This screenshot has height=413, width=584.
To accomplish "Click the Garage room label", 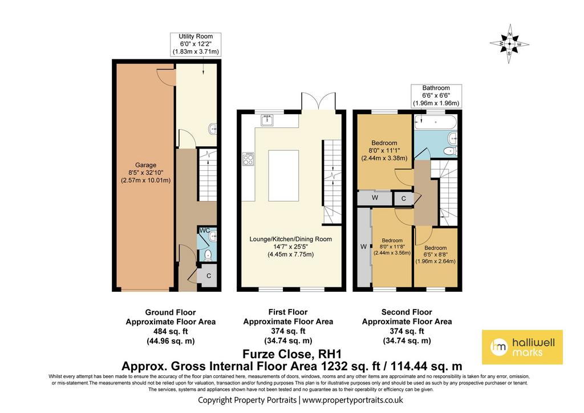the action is point(145,173).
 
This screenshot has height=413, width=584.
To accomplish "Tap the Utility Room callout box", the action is point(196,44).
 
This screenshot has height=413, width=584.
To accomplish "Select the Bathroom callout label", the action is point(436,95).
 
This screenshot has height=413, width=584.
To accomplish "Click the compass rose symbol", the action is point(509,43).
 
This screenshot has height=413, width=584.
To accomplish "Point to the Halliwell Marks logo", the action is point(522,347).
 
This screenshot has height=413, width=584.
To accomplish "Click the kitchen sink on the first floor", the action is point(267,120).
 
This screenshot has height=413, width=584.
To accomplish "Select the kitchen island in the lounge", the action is point(283,176).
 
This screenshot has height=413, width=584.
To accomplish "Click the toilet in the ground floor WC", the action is point(209,255).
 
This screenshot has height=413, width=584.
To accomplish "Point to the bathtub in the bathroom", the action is point(435,122).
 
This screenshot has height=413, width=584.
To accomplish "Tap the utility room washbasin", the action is point(213,129).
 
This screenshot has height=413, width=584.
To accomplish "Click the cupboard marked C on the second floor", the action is point(403,198).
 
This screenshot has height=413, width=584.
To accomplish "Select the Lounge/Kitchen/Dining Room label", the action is point(290,247).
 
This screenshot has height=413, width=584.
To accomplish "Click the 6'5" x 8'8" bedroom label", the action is point(435,254).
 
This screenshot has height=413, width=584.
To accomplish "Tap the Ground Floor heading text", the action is point(170,312).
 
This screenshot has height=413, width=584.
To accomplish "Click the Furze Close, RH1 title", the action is point(292,354).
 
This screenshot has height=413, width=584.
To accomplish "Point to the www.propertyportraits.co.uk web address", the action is point(352,400).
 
